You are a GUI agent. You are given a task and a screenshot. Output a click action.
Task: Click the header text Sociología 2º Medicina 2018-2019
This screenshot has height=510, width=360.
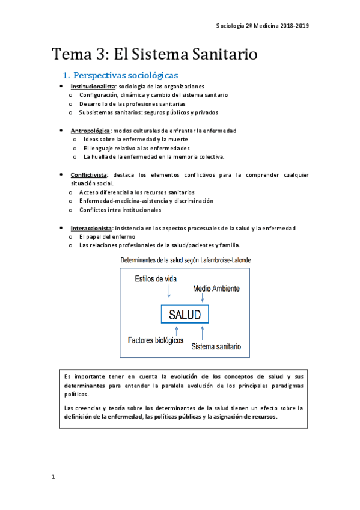[x=262, y=26]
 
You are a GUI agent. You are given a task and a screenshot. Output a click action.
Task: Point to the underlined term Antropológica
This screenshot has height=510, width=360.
[x=90, y=131]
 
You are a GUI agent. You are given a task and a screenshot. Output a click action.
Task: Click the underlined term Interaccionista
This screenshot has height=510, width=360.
[x=91, y=228]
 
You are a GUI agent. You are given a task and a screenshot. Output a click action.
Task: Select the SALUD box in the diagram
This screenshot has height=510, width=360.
[x=185, y=315]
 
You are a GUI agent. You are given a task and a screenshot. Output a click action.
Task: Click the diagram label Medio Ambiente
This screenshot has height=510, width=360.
[x=215, y=289]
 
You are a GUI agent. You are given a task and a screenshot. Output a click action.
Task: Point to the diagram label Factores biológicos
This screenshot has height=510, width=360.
[x=156, y=340]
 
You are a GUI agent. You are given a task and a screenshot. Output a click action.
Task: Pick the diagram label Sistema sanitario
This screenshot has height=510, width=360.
[x=216, y=347]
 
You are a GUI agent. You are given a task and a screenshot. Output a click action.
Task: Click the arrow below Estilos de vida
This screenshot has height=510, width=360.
[x=170, y=292]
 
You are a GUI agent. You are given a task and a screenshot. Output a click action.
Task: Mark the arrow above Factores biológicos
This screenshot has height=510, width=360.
[x=176, y=330]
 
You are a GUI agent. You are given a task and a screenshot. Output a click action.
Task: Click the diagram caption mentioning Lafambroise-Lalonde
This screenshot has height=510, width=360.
[x=186, y=260]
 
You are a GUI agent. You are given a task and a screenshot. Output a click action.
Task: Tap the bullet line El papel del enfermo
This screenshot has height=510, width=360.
[x=107, y=237]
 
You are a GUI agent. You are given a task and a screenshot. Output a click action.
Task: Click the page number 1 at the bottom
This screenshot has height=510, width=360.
[x=53, y=477]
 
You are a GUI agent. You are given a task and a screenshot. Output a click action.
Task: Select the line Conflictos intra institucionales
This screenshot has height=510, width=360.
[x=120, y=210]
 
